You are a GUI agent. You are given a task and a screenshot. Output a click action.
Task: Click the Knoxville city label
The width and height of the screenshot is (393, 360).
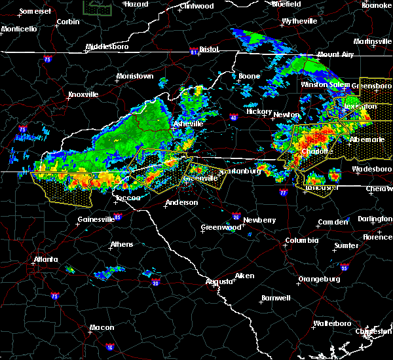pos(83,94)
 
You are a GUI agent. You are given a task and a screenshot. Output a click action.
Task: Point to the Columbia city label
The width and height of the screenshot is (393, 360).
pos(301,240)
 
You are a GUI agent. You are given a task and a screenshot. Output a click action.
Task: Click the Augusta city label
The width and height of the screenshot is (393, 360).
pos(219,281)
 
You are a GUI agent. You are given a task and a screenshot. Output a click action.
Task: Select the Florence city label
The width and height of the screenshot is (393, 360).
pos(378,236)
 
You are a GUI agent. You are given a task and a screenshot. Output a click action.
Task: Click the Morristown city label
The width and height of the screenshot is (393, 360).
pos(135,76)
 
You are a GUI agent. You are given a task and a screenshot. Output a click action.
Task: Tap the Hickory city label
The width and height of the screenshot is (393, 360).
pos(258,111)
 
